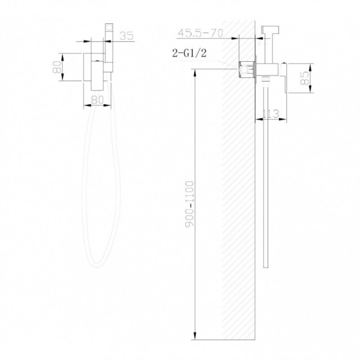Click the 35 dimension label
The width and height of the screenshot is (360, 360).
pos(126,36)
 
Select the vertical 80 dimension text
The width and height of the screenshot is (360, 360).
pos(57,67)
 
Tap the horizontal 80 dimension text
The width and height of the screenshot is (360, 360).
pos(97,99)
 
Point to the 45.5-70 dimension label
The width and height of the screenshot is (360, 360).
pos(200,33)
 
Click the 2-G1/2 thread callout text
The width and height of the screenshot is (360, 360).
pos(189,53)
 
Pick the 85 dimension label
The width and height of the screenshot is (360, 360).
pos(305,78)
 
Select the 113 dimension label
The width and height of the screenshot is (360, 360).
pos(270,114)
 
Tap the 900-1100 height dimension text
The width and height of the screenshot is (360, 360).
pos(190,204)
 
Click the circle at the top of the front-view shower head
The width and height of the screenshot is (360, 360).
pos(109,28)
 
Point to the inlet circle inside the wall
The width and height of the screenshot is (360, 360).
pos(244,70)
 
